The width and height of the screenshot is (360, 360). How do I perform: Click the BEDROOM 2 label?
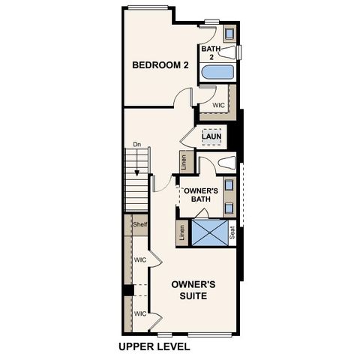(160, 65)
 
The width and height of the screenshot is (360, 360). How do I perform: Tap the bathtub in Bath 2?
(217, 73)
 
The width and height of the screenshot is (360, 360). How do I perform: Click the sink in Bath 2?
(229, 33)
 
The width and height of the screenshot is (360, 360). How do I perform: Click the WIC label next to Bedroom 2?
(218, 106)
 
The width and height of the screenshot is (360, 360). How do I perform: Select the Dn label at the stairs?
(136, 145)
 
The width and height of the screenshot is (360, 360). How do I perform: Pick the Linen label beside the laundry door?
(184, 160)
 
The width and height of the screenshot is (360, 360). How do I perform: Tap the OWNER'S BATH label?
(201, 195)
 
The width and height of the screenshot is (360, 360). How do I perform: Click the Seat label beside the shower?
(232, 233)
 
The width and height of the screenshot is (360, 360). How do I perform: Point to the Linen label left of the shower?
(182, 233)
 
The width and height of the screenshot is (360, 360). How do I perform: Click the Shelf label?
(139, 224)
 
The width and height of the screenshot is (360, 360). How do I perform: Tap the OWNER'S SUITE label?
(193, 290)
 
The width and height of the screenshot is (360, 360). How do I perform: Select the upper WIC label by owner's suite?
(139, 260)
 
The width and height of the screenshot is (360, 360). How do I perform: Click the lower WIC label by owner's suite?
(139, 313)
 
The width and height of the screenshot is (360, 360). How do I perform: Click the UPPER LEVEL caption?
(154, 347)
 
